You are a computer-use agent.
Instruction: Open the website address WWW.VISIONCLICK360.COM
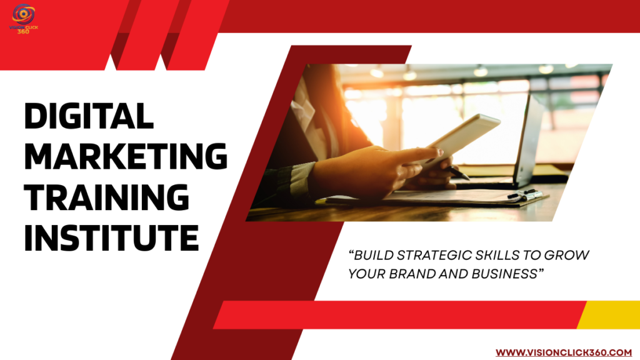tap(564, 352)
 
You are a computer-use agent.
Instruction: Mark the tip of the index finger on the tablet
tap(440, 151)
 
